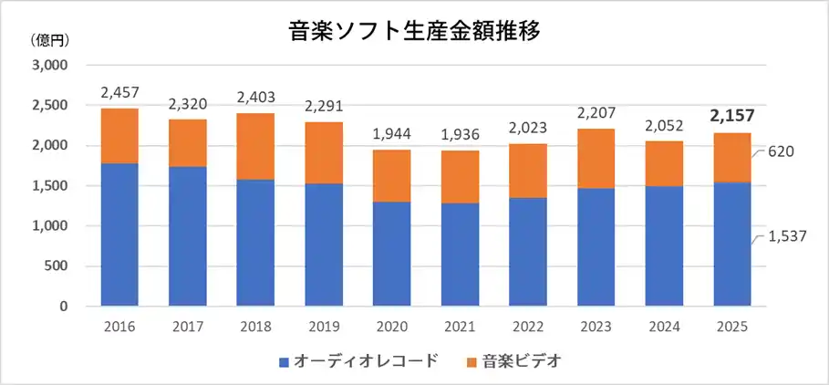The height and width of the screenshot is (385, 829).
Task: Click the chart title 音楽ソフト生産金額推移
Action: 413,30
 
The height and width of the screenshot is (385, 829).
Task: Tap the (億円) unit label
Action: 50,40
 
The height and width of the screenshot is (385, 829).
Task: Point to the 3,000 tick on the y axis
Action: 50,66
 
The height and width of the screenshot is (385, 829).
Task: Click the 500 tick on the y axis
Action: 57,266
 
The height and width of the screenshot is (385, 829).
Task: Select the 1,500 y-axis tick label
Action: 50,186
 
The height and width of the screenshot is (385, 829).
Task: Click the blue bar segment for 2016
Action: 119,234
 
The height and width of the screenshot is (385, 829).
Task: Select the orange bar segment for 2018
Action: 255,147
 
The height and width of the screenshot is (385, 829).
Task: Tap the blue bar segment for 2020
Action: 391,254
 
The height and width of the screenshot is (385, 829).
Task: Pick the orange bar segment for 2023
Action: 596,159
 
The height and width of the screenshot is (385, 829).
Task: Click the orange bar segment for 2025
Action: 731,158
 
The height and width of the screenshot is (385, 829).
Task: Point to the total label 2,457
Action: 119,93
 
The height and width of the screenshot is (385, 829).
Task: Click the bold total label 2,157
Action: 731,116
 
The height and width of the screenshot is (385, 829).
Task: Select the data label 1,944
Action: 391,134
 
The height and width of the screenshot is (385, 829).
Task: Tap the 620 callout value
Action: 782,151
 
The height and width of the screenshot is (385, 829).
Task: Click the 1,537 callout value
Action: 787,237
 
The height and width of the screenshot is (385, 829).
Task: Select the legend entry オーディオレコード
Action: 356,362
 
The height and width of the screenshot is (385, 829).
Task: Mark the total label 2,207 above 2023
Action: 596,114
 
